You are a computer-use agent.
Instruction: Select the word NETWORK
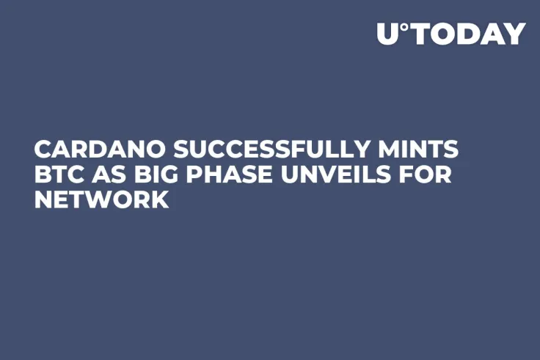(x=101, y=200)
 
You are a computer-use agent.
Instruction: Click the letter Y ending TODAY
(x=514, y=34)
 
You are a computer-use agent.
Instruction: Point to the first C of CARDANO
(x=43, y=150)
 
